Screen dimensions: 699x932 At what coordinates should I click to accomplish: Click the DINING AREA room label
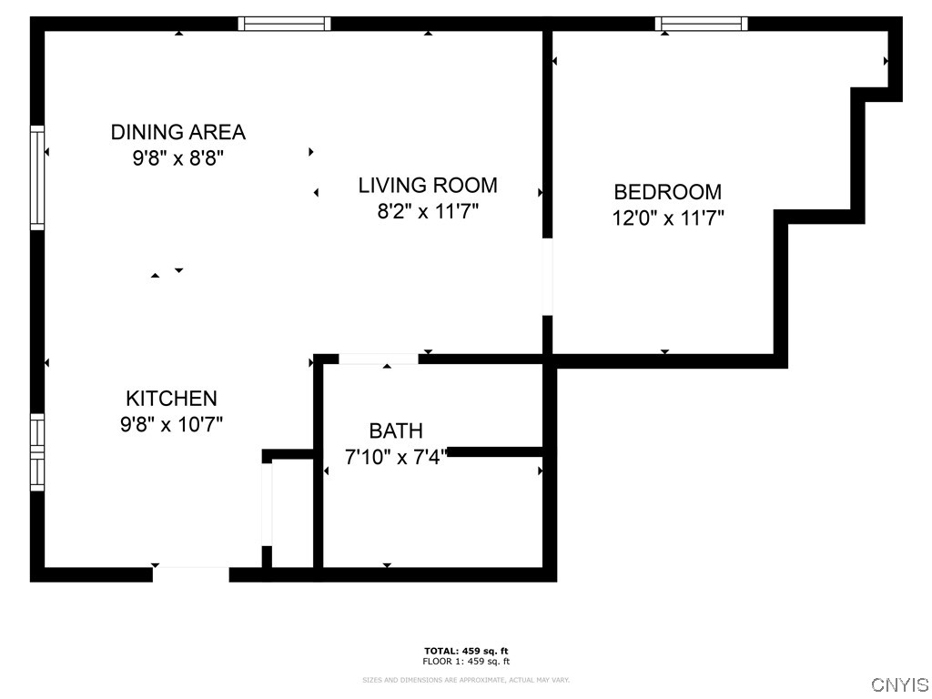177,132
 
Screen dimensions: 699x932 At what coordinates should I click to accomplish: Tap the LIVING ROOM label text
427,186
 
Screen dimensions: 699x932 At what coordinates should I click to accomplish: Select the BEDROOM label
667,192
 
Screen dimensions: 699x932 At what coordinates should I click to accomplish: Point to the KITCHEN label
171,399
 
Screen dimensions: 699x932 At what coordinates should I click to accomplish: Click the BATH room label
395,431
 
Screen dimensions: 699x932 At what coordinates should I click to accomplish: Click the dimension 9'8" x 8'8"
177,158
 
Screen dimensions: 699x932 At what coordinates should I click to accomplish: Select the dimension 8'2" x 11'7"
427,212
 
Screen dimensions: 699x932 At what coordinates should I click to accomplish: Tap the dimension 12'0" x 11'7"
667,218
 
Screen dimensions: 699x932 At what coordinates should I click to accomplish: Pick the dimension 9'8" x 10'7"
171,424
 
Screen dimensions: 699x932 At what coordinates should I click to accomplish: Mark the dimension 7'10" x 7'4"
395,457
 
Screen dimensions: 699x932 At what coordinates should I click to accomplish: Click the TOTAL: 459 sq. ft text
465,651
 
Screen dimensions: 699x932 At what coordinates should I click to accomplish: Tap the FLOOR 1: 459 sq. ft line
465,662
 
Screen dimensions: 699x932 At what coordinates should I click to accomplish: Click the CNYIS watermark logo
899,684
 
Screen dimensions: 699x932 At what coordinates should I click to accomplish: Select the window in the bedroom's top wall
701,24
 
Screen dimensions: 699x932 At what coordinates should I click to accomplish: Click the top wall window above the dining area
284,24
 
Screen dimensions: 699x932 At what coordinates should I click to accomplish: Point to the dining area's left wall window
37,177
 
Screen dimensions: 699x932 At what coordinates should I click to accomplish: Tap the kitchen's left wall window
37,452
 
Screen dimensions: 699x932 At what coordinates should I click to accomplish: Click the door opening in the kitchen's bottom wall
190,574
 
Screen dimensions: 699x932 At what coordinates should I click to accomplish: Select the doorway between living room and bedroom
547,277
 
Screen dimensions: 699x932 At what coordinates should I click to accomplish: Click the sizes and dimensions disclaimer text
465,680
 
